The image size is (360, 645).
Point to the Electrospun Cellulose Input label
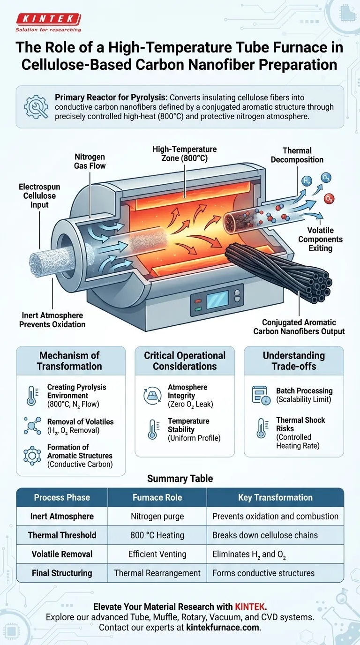point(39,196)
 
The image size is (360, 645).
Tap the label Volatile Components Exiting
point(321,239)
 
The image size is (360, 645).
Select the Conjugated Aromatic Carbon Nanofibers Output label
point(299,327)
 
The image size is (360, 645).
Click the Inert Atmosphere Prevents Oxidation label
point(52,320)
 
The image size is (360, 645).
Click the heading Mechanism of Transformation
point(69,361)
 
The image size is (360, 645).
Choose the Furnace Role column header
point(157,497)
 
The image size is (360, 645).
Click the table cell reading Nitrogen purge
point(157,517)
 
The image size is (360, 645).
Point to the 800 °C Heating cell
point(157,535)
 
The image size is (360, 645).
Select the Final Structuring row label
point(62,573)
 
